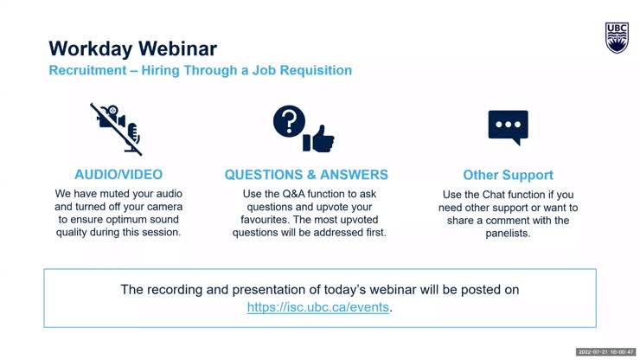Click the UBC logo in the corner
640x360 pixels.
617,38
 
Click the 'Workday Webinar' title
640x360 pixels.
132,48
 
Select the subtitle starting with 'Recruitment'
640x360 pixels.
200,70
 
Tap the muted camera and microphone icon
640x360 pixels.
117,128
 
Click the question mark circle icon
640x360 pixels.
289,122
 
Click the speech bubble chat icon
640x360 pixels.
508,128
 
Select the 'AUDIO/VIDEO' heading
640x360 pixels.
118,175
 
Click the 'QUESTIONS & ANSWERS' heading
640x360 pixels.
306,175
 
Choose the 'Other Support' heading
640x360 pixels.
508,175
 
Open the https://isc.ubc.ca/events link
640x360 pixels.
318,307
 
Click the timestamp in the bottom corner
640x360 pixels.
605,351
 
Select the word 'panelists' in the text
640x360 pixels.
508,233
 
